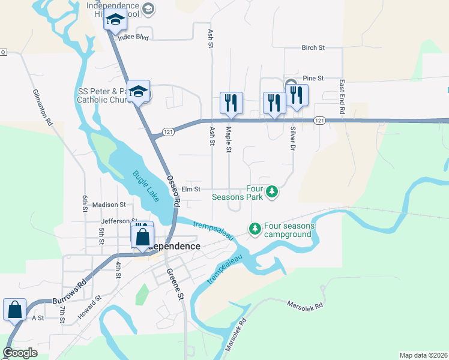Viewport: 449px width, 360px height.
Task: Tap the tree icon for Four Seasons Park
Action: (x=273, y=191)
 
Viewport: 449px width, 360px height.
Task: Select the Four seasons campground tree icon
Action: (x=255, y=229)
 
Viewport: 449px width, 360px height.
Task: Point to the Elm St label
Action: (x=190, y=189)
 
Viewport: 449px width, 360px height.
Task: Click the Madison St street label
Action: (x=109, y=205)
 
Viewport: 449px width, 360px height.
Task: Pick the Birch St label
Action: (x=313, y=47)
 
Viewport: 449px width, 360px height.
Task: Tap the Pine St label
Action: (x=313, y=78)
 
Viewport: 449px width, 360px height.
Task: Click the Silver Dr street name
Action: (x=293, y=138)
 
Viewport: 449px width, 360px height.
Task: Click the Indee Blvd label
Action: (x=133, y=37)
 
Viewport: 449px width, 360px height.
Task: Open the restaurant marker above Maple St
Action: (x=231, y=103)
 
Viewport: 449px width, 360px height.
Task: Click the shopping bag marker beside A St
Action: (x=14, y=310)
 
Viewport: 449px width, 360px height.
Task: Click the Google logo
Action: (x=20, y=353)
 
